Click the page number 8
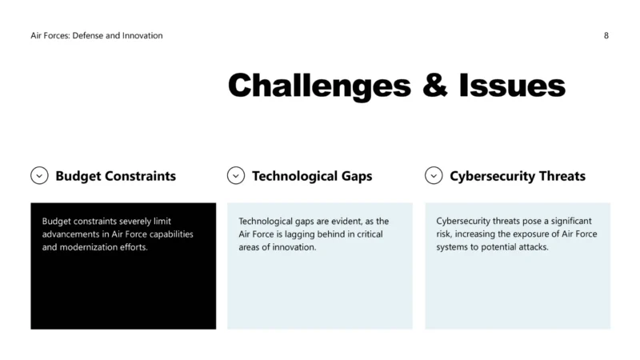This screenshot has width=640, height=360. pyautogui.click(x=606, y=35)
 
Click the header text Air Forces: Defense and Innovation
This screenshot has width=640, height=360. pyautogui.click(x=97, y=35)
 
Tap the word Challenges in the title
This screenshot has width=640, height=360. pyautogui.click(x=319, y=86)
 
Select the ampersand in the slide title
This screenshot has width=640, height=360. pyautogui.click(x=435, y=85)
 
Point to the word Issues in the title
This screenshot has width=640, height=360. pyautogui.click(x=512, y=85)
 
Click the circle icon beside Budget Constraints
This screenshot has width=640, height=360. pyautogui.click(x=39, y=175)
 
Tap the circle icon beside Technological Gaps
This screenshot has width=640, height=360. pyautogui.click(x=236, y=175)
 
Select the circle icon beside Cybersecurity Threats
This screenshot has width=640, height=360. pyautogui.click(x=434, y=175)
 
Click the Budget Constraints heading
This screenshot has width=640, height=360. pyautogui.click(x=115, y=176)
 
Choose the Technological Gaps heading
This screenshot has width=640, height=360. pyautogui.click(x=312, y=176)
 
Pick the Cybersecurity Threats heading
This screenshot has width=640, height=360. pyautogui.click(x=518, y=176)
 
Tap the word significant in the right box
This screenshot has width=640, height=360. pyautogui.click(x=571, y=221)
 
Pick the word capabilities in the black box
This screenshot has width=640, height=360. pyautogui.click(x=171, y=234)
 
